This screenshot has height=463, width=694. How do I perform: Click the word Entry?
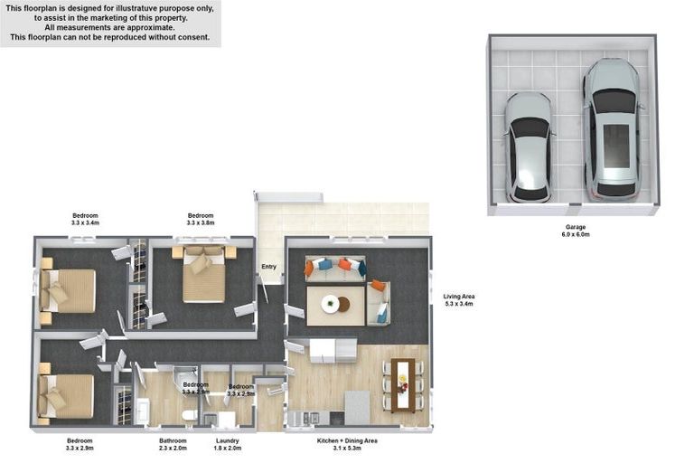[x=268, y=267]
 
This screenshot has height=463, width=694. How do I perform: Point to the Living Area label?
[x=459, y=297]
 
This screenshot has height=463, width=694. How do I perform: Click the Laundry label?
[x=227, y=441]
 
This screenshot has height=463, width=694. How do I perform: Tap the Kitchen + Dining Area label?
[x=347, y=441]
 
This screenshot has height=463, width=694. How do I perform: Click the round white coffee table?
[x=331, y=305]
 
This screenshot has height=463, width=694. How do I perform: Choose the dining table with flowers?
[x=403, y=384]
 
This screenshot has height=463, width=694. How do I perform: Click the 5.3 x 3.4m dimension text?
[x=459, y=305]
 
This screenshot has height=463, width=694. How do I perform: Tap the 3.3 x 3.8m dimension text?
[x=201, y=222]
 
